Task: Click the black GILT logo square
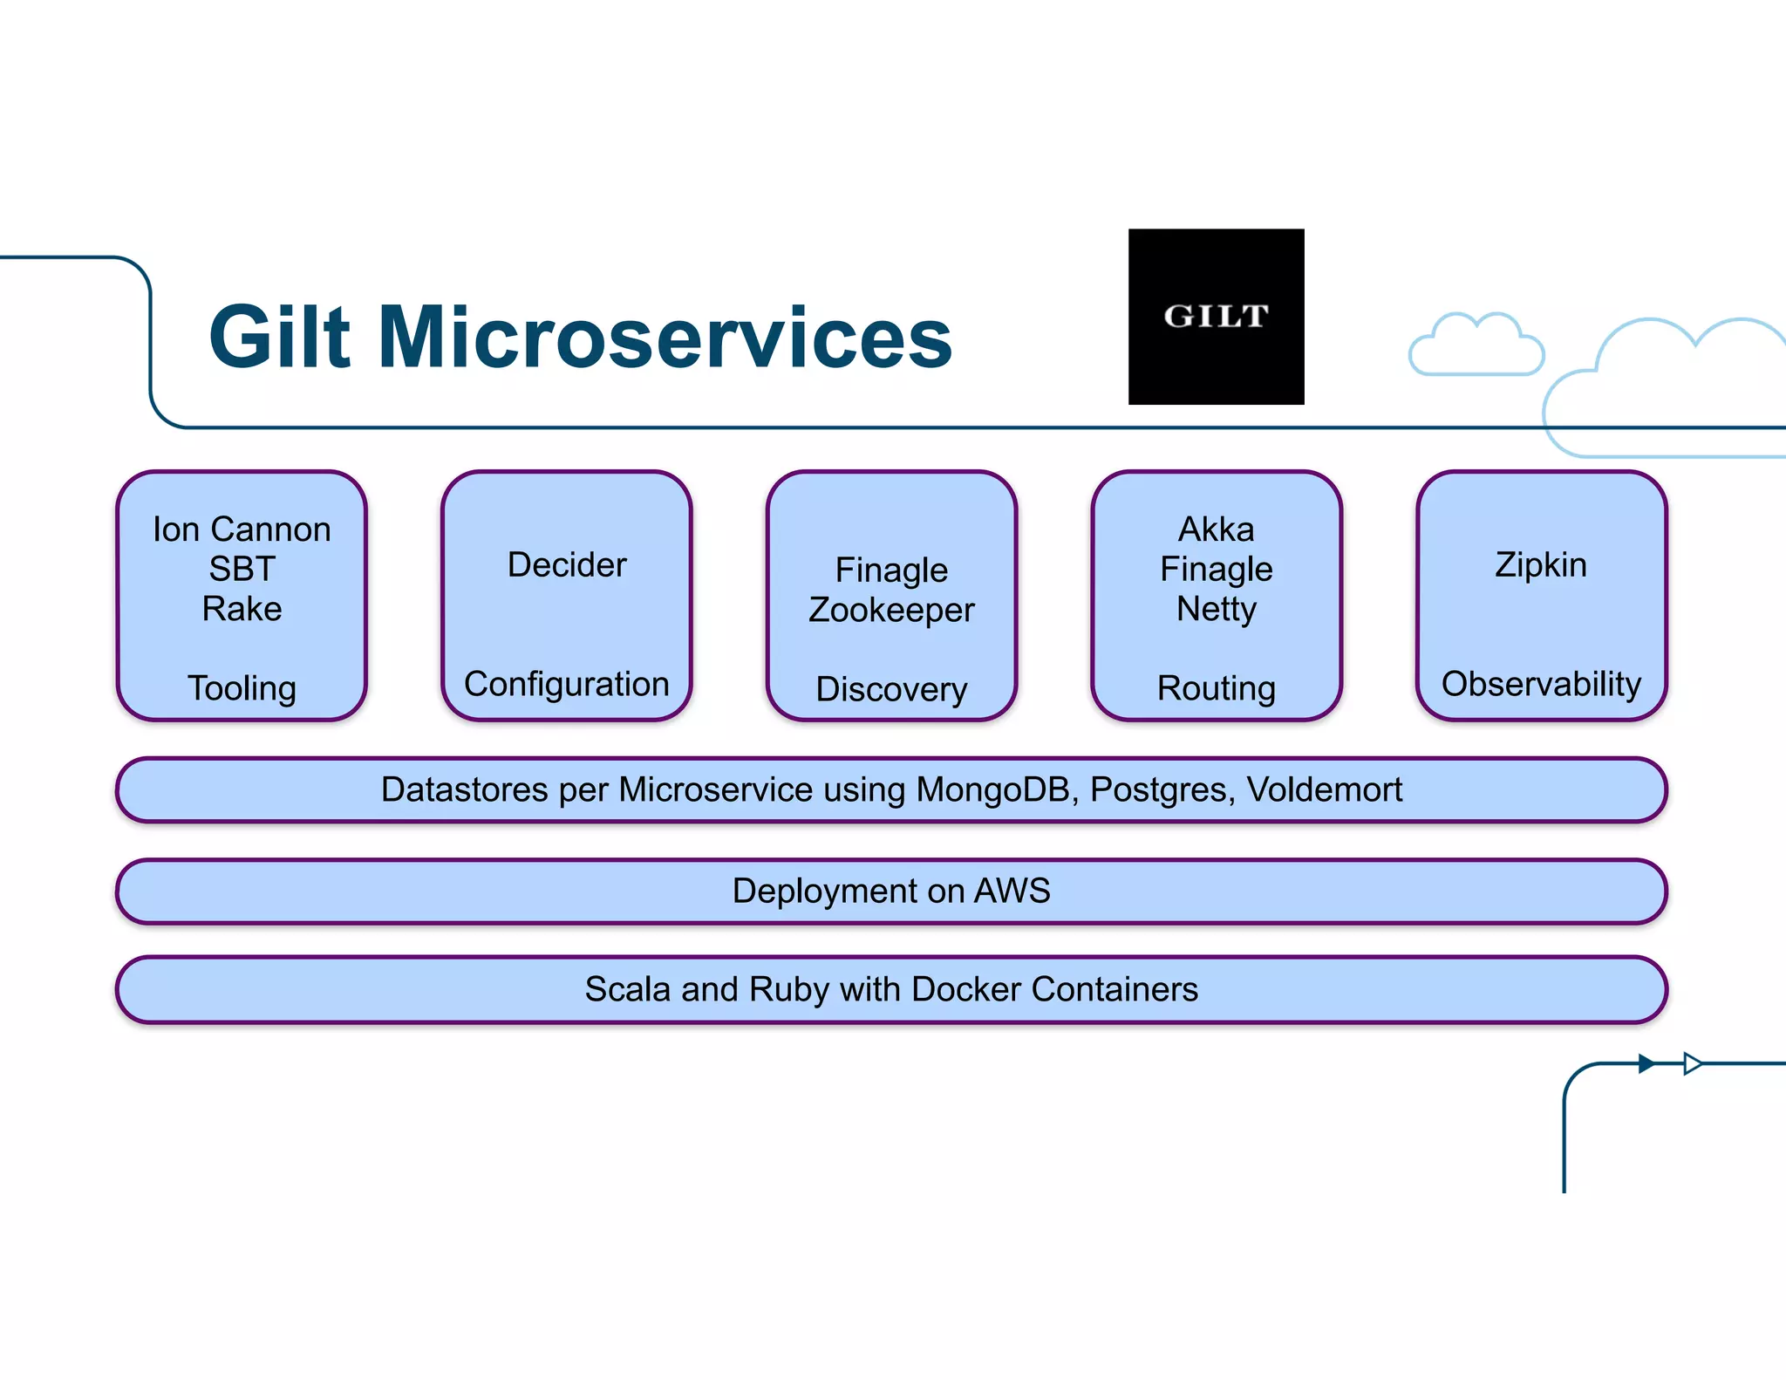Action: [x=1216, y=317]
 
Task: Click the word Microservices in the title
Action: [x=665, y=338]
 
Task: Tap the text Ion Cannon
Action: [x=242, y=529]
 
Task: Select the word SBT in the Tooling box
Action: [x=242, y=569]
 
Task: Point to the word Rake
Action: [x=242, y=608]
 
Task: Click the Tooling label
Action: [x=242, y=688]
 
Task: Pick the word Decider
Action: [x=567, y=564]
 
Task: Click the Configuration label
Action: [x=567, y=684]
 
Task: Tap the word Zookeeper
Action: [x=891, y=610]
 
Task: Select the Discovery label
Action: [x=891, y=689]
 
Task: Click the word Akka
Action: [x=1216, y=529]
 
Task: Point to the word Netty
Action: [x=1216, y=609]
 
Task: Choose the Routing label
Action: [x=1216, y=688]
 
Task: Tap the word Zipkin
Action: [x=1540, y=564]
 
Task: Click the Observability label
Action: [x=1540, y=684]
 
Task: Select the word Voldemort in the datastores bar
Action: [x=1324, y=789]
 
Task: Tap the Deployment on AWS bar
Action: [x=891, y=891]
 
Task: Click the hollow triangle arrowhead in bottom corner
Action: [x=1692, y=1063]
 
